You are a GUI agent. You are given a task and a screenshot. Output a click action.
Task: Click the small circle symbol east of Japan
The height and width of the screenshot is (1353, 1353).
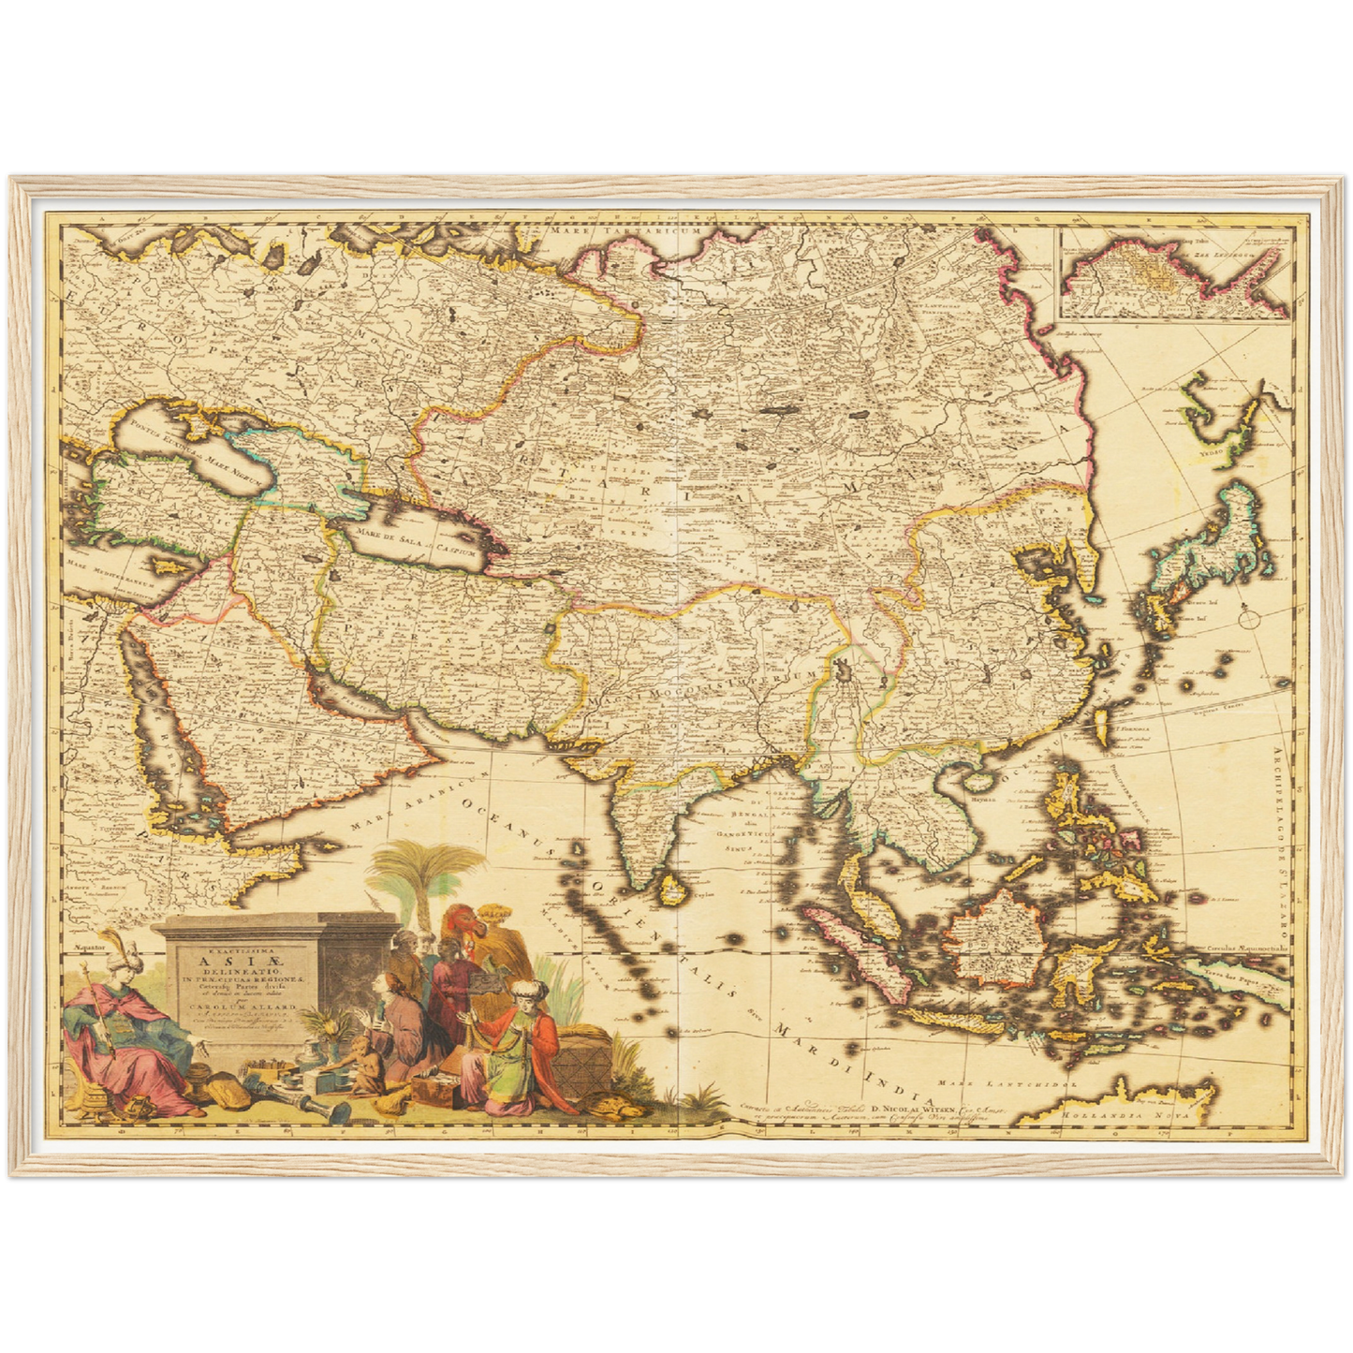pos(1249,617)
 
